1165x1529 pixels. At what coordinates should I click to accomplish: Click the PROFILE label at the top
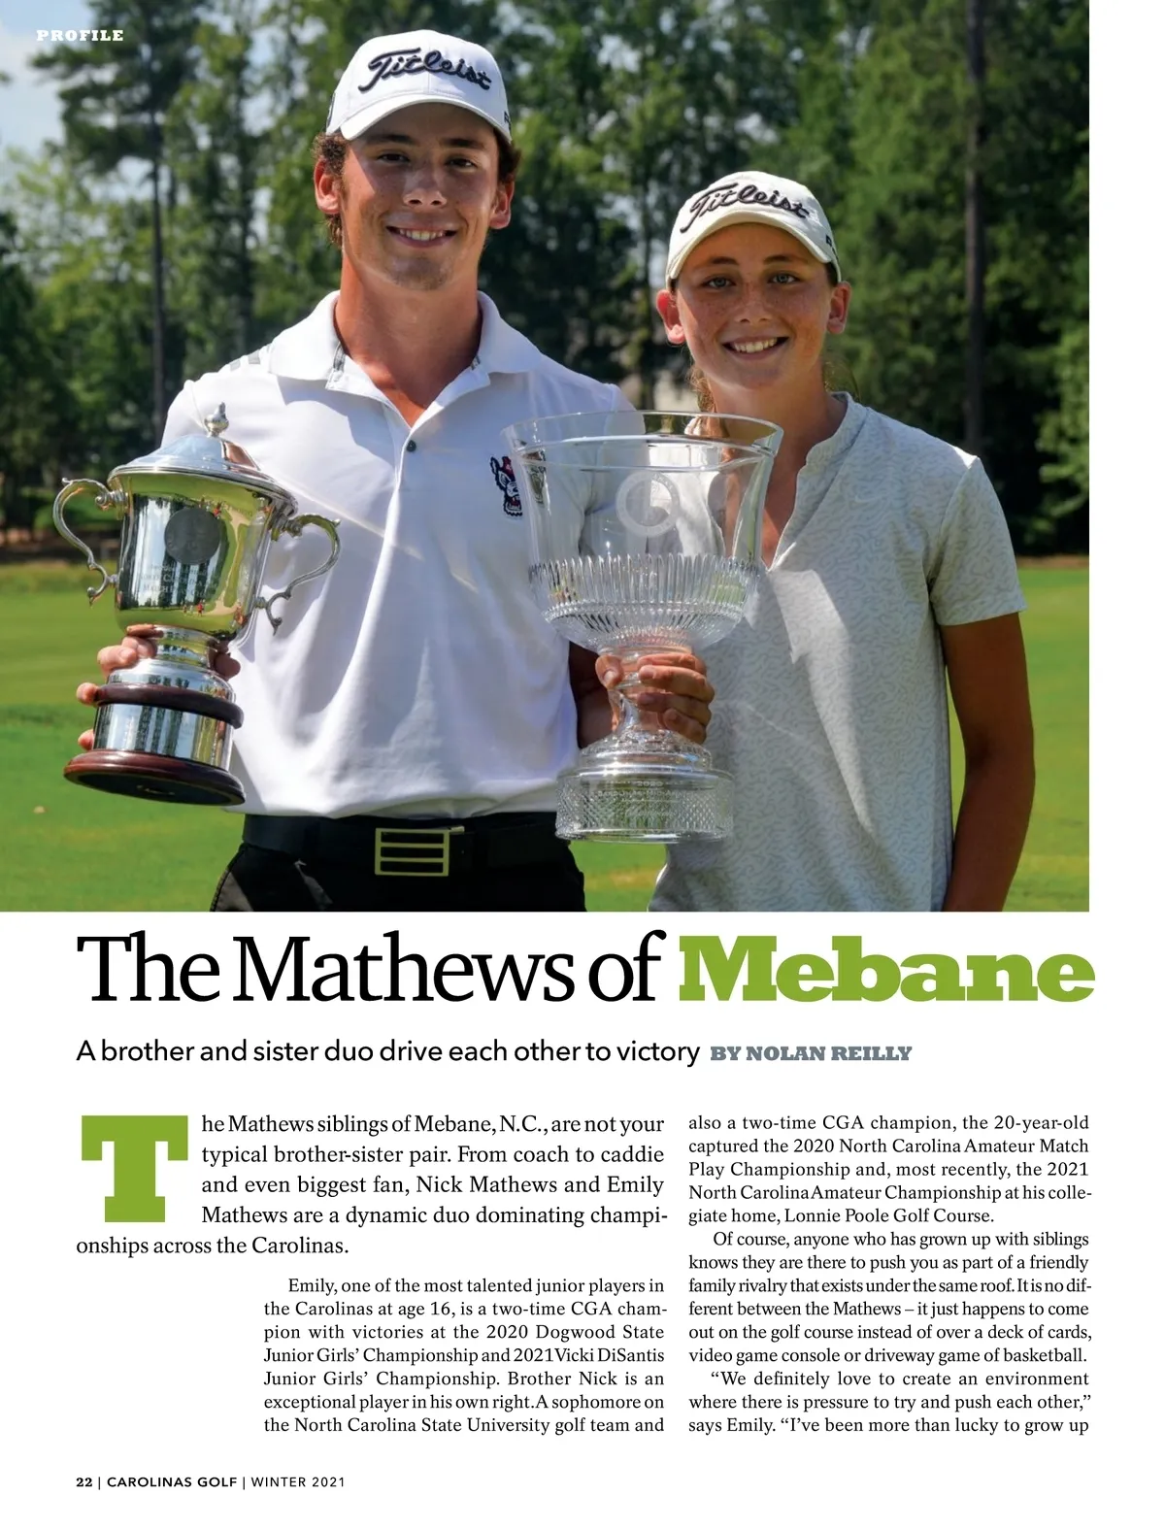pos(81,36)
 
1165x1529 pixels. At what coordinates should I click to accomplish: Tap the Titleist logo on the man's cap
pos(427,75)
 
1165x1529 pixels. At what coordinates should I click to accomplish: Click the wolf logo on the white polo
pos(506,482)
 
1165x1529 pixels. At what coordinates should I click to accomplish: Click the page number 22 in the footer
pos(84,1482)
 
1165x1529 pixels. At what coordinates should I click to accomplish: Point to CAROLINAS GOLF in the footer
pos(172,1482)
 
